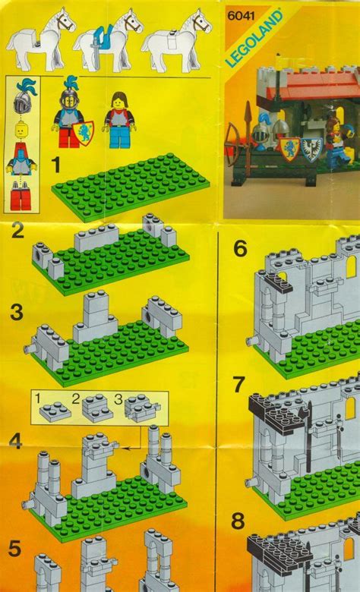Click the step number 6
(x=240, y=247)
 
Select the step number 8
(x=240, y=522)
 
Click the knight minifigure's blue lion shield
(x=87, y=129)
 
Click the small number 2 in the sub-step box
(x=74, y=397)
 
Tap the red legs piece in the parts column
(x=21, y=200)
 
